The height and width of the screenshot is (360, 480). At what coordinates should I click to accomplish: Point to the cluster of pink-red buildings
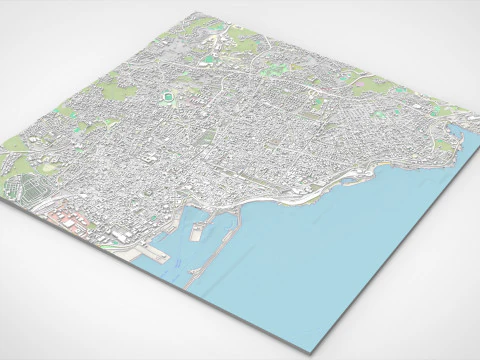pos(68,216)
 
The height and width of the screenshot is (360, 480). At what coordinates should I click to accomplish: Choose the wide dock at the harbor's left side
pos(150,250)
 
